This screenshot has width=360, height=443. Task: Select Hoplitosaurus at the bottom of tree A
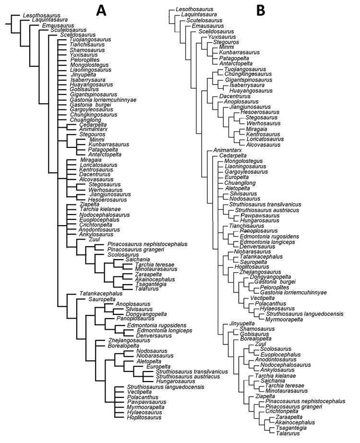[x=144, y=418]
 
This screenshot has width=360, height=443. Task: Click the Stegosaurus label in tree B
[x=262, y=118]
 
